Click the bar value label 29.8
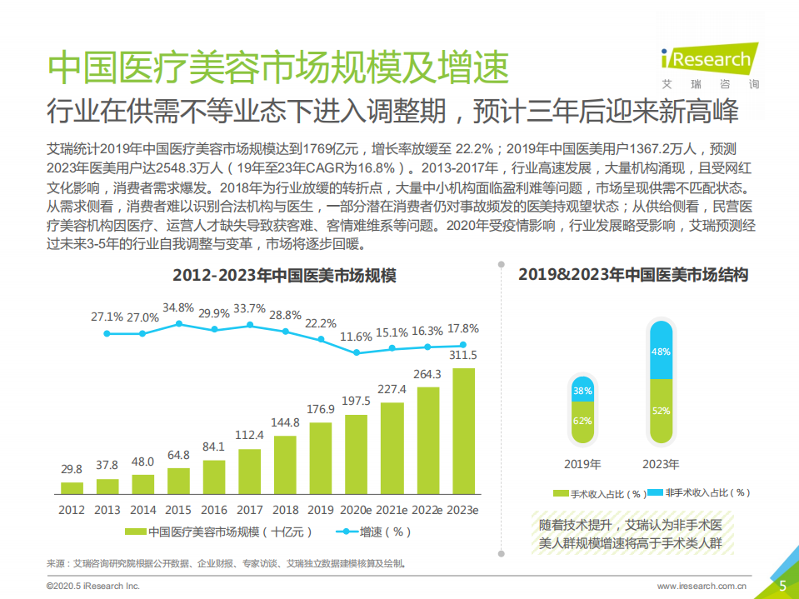click(72, 470)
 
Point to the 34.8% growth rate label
click(177, 307)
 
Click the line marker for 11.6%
click(357, 352)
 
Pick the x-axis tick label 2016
click(213, 509)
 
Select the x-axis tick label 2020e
click(357, 509)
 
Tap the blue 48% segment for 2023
click(660, 352)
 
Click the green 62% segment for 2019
click(582, 420)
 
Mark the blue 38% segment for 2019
click(582, 390)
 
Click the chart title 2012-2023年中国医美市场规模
click(283, 276)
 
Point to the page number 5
click(782, 585)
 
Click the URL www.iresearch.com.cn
click(701, 586)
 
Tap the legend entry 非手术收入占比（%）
click(697, 493)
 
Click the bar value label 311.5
click(464, 356)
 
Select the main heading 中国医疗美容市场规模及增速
click(277, 67)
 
